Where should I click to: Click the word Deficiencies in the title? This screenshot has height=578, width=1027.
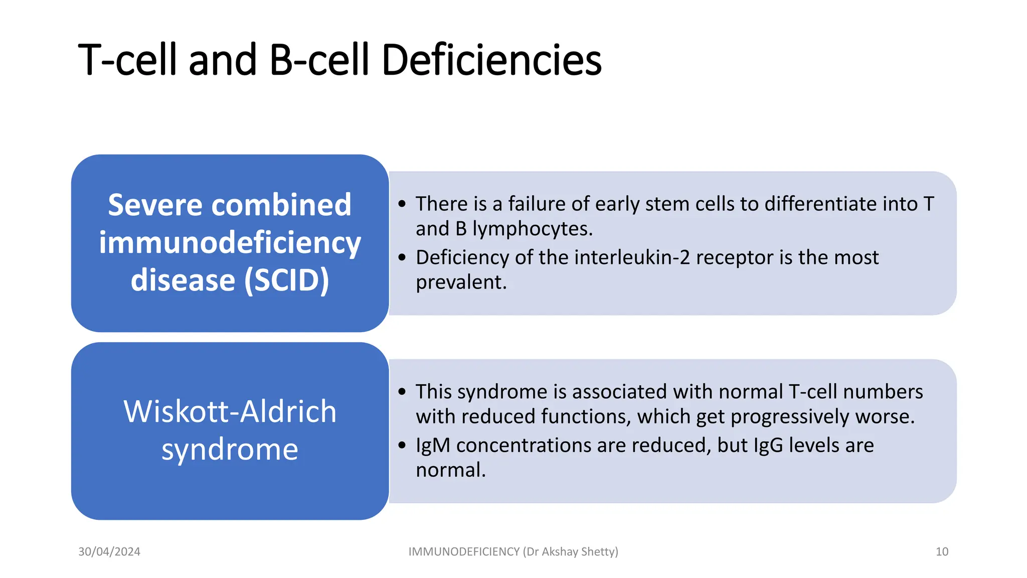coord(491,60)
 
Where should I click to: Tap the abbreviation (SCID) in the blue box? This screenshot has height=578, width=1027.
coord(287,280)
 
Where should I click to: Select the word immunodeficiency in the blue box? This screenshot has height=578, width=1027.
coord(230,243)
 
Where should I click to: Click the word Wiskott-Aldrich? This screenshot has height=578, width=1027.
coord(230,411)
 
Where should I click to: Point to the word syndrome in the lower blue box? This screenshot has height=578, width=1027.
coord(230,449)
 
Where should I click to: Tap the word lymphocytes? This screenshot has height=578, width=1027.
coord(533,229)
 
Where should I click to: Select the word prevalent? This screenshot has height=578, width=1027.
coord(461,282)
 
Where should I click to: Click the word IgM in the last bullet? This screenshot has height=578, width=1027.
coord(433,446)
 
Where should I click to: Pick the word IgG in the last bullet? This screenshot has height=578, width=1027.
coord(768,446)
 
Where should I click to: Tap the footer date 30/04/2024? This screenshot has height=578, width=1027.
coord(109,551)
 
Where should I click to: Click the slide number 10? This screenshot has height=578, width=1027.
coord(942,551)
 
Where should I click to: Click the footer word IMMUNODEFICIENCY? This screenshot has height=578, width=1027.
coord(464,551)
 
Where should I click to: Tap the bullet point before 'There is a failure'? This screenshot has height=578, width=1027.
coord(402,204)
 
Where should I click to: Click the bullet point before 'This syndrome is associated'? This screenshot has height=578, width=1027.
coord(402,392)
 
